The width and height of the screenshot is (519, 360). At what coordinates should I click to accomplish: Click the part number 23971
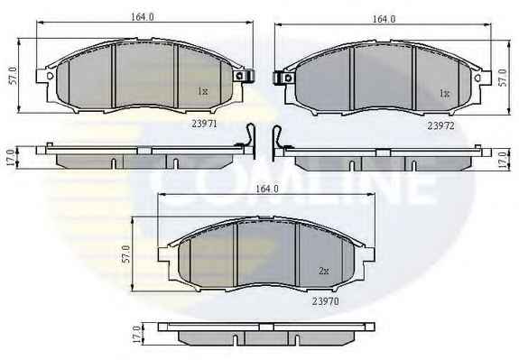pos(204,124)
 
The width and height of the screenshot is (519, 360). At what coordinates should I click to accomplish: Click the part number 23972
pos(440,125)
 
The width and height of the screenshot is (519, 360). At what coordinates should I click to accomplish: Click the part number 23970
pos(325,301)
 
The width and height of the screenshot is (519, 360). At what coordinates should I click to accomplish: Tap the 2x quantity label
pos(324,271)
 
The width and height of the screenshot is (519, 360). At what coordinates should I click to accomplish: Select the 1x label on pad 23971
pos(203,91)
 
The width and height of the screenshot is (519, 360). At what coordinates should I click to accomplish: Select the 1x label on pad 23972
pos(444,94)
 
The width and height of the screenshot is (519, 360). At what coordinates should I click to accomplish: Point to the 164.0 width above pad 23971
pos(143,17)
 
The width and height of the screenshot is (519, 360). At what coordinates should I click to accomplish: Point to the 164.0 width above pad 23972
pos(384,19)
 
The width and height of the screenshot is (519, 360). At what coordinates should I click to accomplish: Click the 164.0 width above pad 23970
pos(267,189)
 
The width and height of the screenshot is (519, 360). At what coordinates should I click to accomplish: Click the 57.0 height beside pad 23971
pos(14,76)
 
